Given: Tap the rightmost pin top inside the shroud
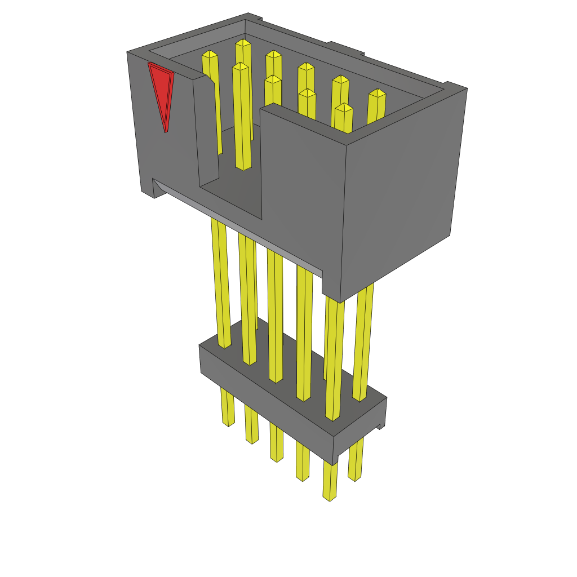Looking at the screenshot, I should (377, 94).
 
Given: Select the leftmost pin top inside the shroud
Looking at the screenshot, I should (210, 55).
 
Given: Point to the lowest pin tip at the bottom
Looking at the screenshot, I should (330, 496).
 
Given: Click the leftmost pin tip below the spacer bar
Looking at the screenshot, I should (228, 420).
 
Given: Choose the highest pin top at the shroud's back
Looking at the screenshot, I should (243, 43).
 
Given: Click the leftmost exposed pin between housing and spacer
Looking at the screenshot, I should (220, 282).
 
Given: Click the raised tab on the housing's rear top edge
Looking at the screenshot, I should (345, 49).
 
